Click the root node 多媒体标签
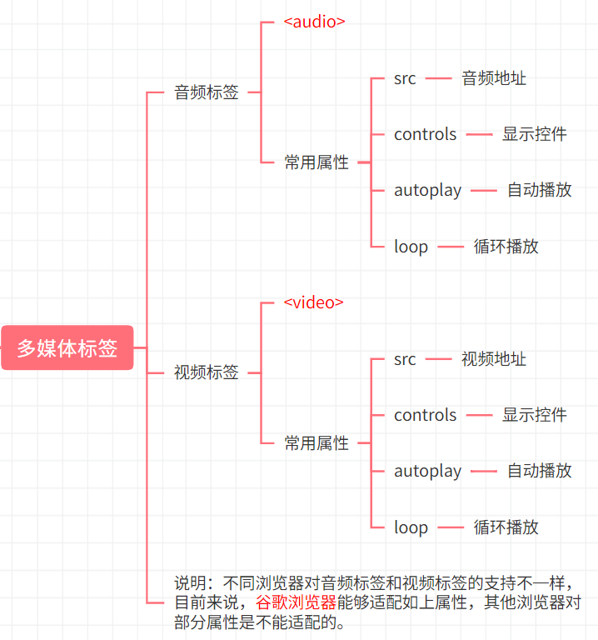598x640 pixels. click(x=67, y=347)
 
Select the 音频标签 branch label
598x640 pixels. click(x=206, y=92)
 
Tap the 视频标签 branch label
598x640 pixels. click(x=206, y=372)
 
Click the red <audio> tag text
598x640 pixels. click(x=314, y=22)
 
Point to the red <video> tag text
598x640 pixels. click(x=313, y=302)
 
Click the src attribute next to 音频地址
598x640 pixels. click(x=405, y=78)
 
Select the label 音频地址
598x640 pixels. click(x=494, y=78)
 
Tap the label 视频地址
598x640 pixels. click(x=494, y=359)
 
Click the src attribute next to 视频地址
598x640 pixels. click(x=405, y=359)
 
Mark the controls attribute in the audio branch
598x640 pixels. click(x=426, y=134)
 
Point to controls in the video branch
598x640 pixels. click(x=426, y=415)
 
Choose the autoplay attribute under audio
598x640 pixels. click(x=427, y=190)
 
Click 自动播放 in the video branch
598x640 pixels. click(x=540, y=471)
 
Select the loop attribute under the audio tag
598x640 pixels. click(x=411, y=247)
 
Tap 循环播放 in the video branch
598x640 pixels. click(x=506, y=527)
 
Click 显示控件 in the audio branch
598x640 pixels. click(x=535, y=134)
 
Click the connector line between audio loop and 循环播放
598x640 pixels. click(x=451, y=247)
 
